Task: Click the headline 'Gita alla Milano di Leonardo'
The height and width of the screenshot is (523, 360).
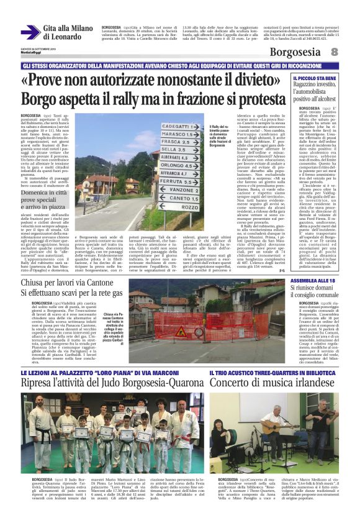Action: (x=68, y=32)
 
